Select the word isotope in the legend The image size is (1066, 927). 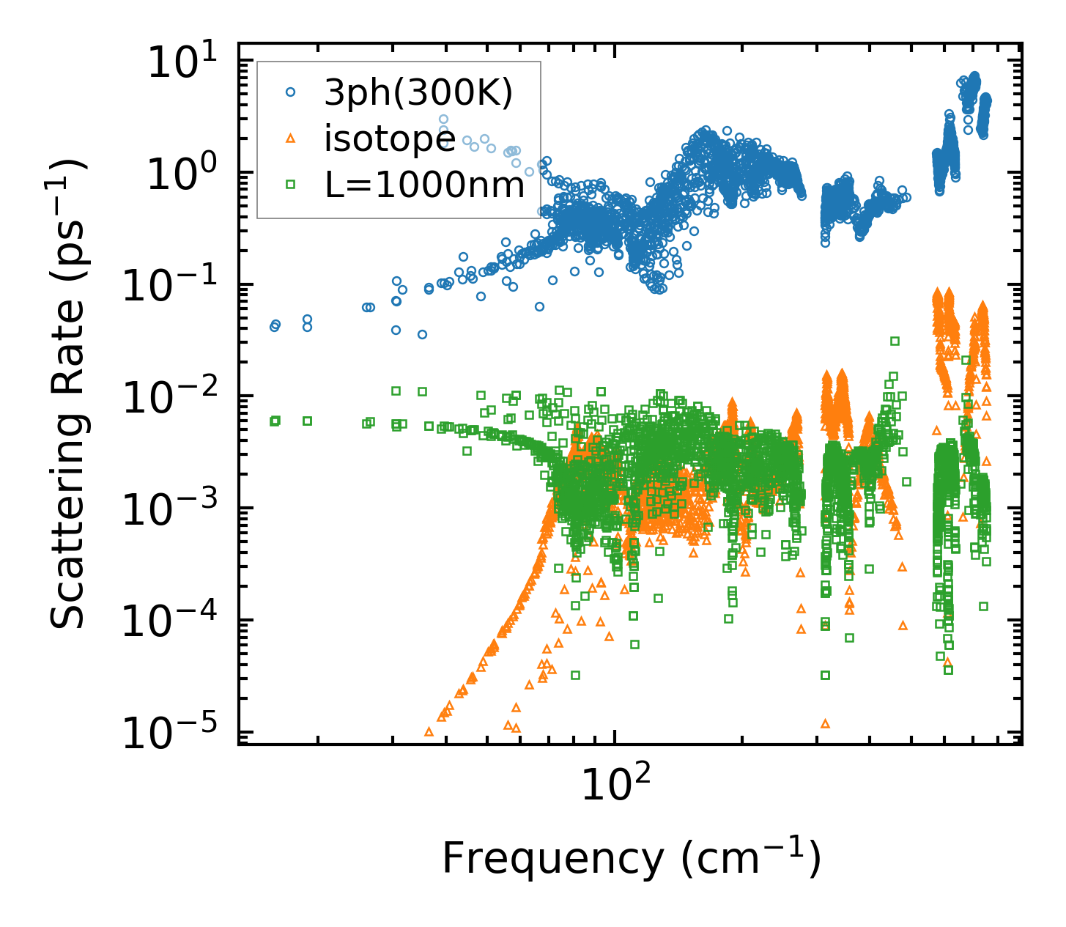click(x=390, y=139)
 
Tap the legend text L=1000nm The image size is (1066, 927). click(x=425, y=185)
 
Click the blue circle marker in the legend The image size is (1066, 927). click(x=291, y=92)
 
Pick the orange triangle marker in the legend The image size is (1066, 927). click(x=291, y=139)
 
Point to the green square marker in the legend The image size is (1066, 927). click(x=291, y=185)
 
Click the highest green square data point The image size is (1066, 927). click(x=895, y=341)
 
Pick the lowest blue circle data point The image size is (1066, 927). click(x=422, y=334)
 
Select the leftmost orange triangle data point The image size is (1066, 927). click(x=429, y=731)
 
